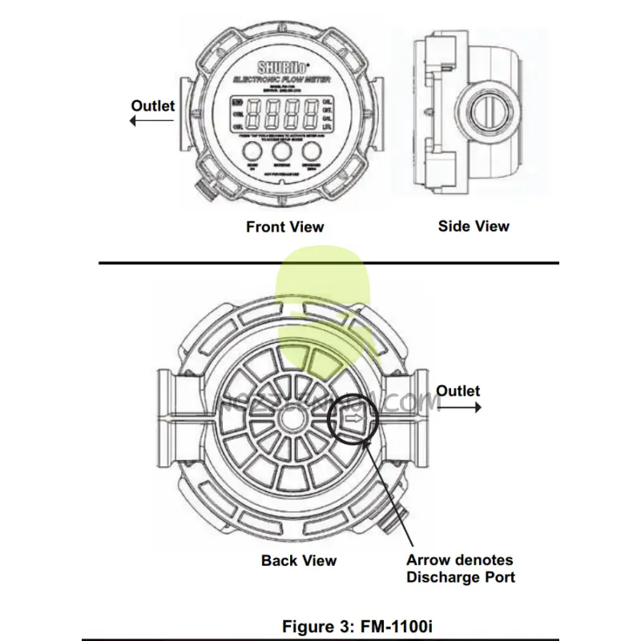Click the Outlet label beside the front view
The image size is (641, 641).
click(152, 106)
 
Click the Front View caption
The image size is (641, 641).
click(284, 227)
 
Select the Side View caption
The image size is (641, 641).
click(474, 226)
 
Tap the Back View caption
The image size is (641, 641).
click(299, 561)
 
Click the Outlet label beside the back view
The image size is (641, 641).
click(458, 391)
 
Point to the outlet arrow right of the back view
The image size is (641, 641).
click(458, 407)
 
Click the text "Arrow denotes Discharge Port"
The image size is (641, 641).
click(460, 569)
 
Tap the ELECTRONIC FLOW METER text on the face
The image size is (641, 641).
click(277, 80)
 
